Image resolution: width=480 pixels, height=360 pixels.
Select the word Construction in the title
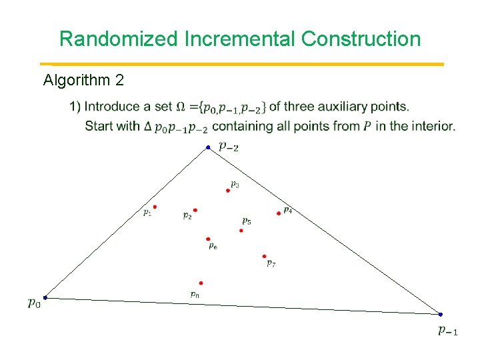[361, 39]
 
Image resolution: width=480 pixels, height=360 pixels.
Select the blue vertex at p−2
[208, 147]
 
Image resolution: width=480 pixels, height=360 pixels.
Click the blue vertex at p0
[45, 297]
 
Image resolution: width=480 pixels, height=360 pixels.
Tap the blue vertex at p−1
[441, 314]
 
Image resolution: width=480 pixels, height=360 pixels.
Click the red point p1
[155, 207]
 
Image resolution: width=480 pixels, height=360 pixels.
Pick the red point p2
[195, 210]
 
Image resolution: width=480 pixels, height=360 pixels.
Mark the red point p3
[228, 191]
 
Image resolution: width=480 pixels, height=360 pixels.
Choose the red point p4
[279, 213]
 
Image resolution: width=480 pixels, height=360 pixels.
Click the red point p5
[241, 231]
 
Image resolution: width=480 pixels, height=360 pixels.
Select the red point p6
[208, 239]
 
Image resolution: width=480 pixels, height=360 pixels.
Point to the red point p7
[264, 256]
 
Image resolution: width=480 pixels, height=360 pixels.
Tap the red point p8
[201, 283]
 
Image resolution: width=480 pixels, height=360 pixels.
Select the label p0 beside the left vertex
[33, 303]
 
